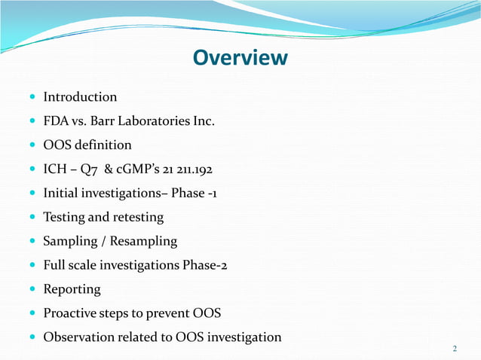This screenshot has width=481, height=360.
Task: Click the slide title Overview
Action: [240, 58]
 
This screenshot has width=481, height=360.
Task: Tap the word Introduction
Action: [80, 97]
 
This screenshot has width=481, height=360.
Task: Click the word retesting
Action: [138, 218]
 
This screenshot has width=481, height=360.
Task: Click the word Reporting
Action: [72, 289]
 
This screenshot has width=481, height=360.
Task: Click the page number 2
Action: [455, 348]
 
